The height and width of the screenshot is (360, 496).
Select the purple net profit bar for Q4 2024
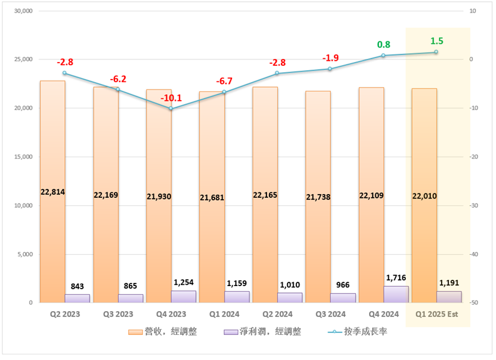pos(396,294)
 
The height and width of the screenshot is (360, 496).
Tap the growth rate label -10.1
pos(171,98)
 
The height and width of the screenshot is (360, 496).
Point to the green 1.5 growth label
pos(437,41)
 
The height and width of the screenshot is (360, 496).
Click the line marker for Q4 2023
pos(171,108)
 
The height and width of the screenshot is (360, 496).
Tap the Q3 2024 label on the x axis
pos(330,314)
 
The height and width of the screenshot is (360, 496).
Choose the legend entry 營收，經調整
pos(163,331)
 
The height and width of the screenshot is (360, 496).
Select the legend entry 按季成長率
pos(358,331)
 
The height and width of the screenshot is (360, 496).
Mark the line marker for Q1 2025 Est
pos(437,52)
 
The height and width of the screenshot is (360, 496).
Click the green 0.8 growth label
pos(383,44)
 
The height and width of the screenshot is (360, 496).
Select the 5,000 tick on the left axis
pos(24,254)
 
